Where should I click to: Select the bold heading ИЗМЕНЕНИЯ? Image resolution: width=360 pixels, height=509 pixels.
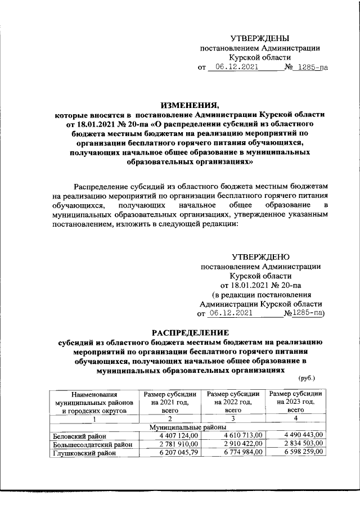(188, 105)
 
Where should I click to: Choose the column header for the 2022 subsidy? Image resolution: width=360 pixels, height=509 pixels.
(233, 402)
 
